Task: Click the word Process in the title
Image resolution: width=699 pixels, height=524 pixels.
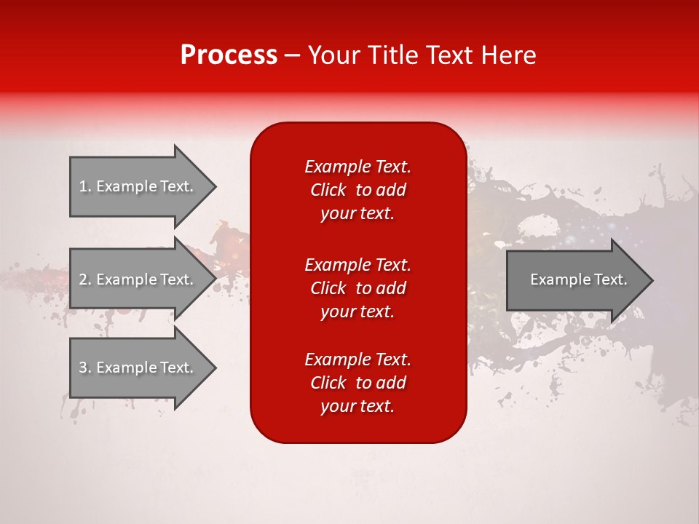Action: (x=229, y=55)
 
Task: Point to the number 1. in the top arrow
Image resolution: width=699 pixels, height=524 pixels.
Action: (x=85, y=186)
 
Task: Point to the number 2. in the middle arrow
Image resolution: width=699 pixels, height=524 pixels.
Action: (x=85, y=279)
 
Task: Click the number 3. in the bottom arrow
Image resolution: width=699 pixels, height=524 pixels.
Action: (x=85, y=368)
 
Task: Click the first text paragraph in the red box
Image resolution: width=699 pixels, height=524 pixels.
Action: (x=358, y=190)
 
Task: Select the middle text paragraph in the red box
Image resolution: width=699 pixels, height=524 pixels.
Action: (x=358, y=288)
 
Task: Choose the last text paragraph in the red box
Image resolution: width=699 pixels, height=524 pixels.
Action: (x=358, y=383)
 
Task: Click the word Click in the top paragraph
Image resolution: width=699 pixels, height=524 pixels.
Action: (x=328, y=190)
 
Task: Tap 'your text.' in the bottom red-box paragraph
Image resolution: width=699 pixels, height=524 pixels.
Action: (x=358, y=407)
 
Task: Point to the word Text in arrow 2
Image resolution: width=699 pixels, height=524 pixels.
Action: (x=176, y=279)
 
